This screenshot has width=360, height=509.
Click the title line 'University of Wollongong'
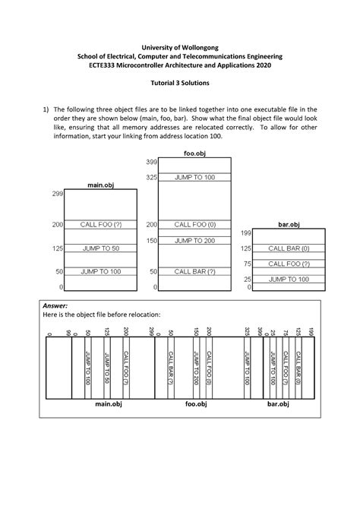pyautogui.click(x=180, y=46)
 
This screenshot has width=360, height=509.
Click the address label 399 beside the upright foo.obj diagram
pyautogui.click(x=151, y=163)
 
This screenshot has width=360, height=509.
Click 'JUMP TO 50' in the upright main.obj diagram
pyautogui.click(x=101, y=248)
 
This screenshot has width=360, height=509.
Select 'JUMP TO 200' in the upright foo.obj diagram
pyautogui.click(x=194, y=241)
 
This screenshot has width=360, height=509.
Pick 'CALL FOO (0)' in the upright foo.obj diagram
pyautogui.click(x=194, y=225)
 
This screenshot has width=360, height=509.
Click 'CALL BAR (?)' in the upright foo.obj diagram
pyautogui.click(x=194, y=271)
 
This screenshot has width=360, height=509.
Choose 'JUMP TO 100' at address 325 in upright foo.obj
pyautogui.click(x=194, y=178)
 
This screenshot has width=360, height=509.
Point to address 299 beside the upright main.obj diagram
pyautogui.click(x=58, y=194)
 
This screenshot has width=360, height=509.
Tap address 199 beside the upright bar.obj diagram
pyautogui.click(x=245, y=232)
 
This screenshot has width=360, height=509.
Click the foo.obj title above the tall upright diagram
pyautogui.click(x=195, y=153)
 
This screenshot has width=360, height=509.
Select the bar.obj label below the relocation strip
pyautogui.click(x=278, y=404)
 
